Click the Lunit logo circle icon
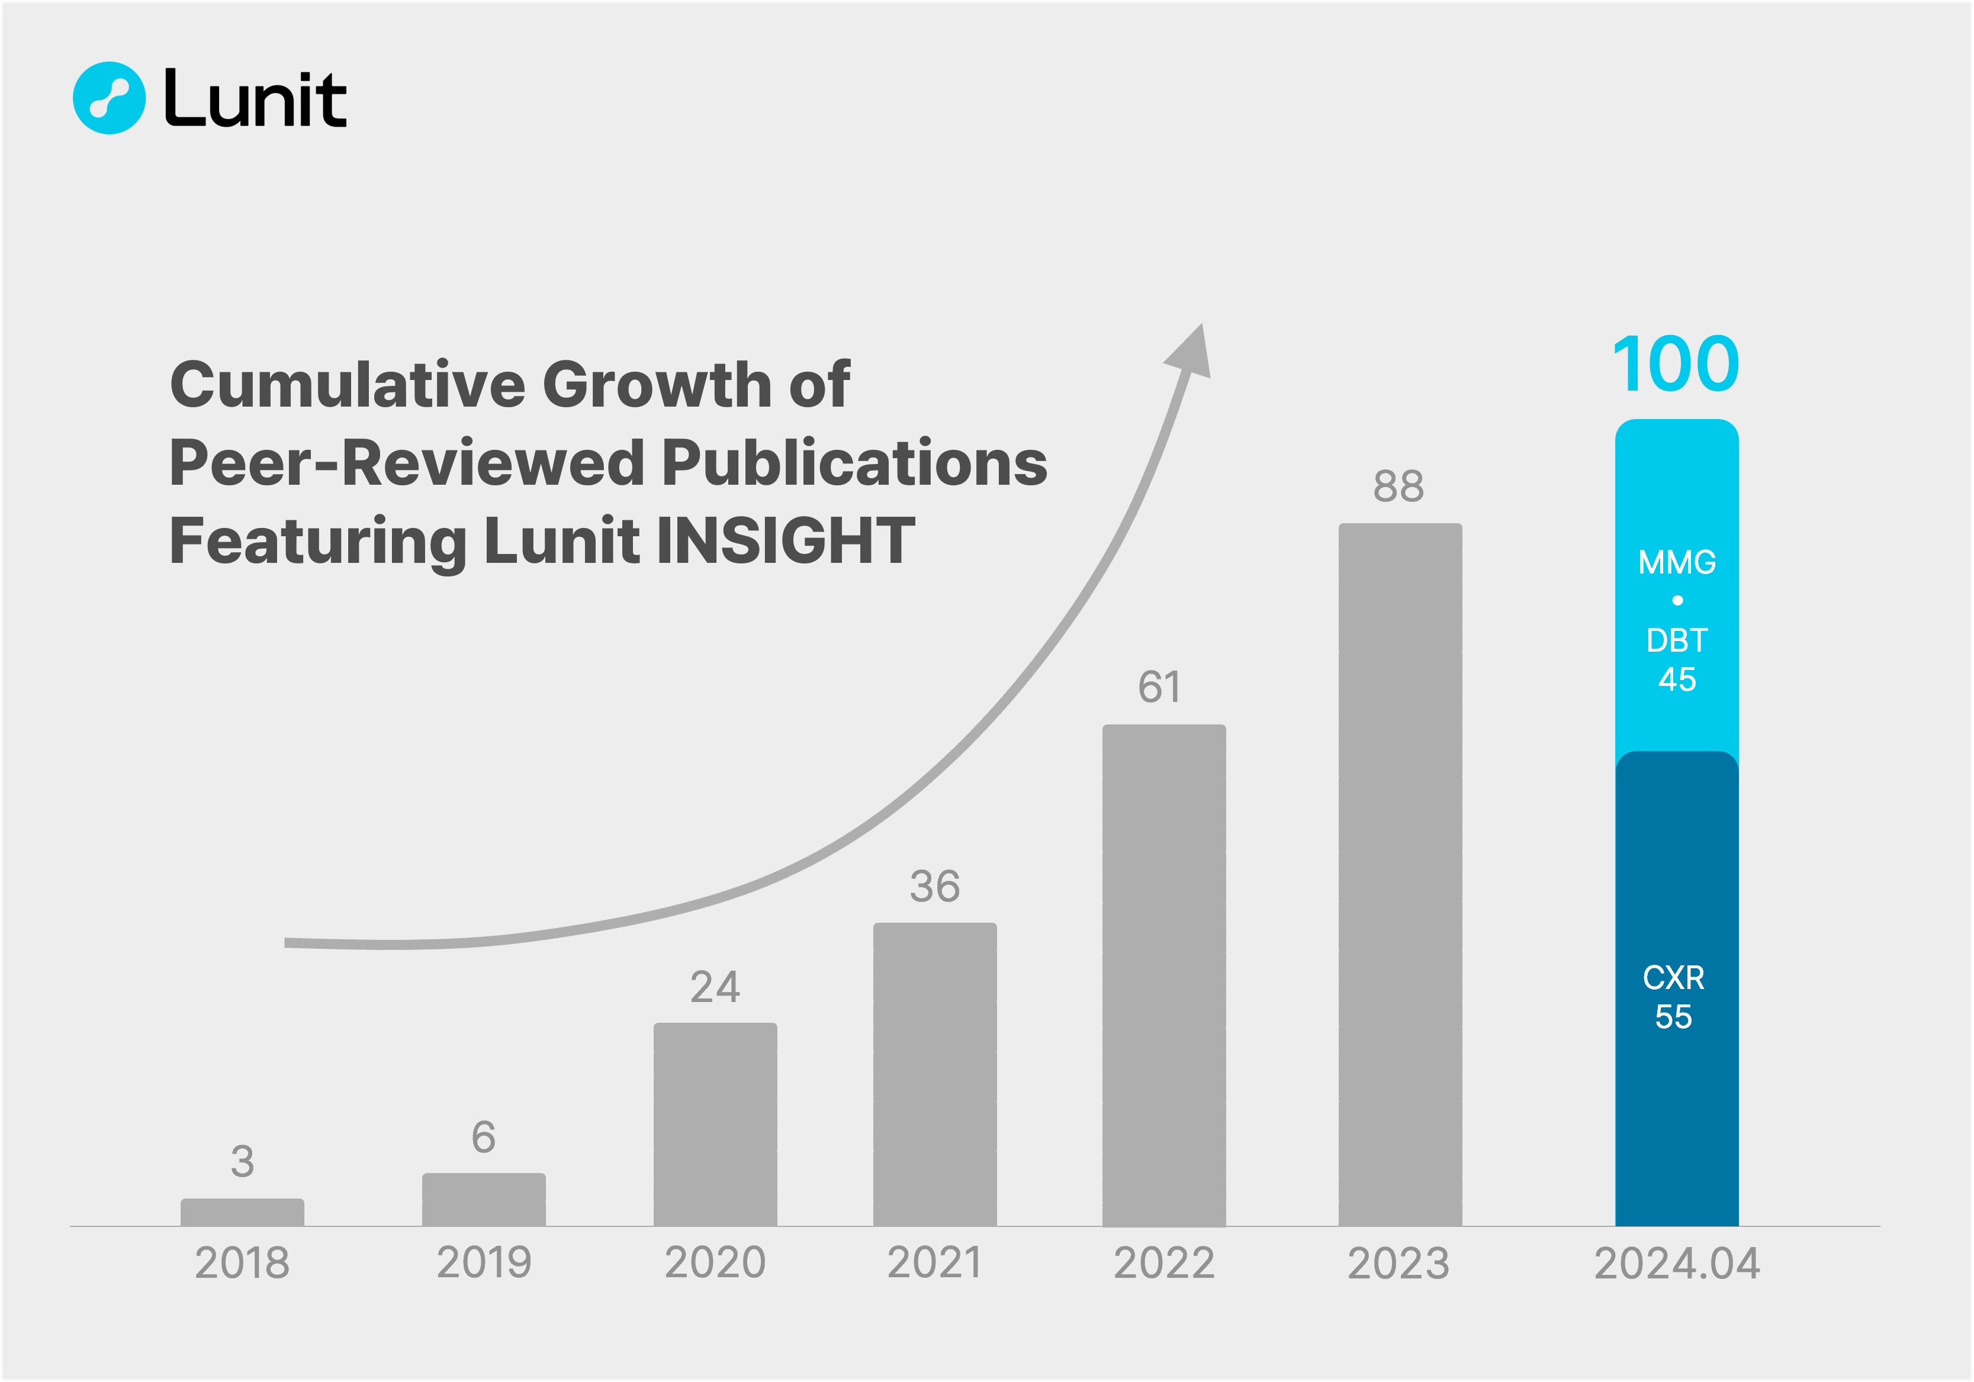pos(109,98)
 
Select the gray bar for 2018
pos(242,1212)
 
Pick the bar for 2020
pos(715,1124)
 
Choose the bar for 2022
pos(1164,975)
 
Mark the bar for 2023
pos(1400,875)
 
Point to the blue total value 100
pos(1676,365)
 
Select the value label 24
pos(715,987)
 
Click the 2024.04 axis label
pos(1677,1264)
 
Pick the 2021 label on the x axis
pos(934,1264)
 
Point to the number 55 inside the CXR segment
pos(1673,1017)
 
